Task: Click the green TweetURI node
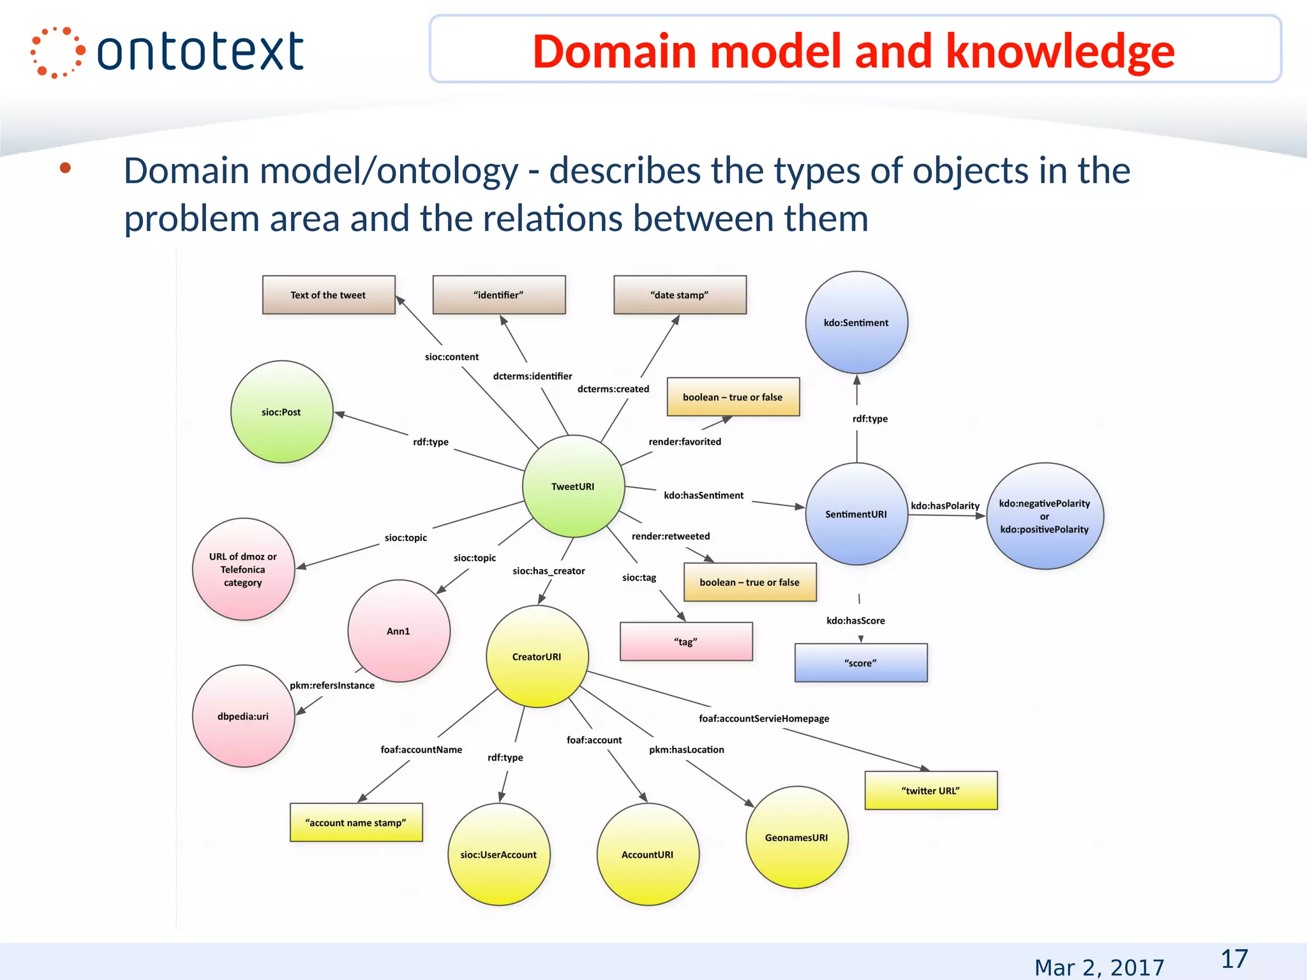pos(573,486)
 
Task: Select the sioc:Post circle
pos(281,412)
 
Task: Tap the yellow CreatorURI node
pos(537,657)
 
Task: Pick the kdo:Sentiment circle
pos(856,323)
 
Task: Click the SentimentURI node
pos(856,514)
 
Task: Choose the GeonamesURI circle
pos(796,837)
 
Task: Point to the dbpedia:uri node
pos(243,716)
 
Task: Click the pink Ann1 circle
pos(398,631)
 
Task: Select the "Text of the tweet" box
pos(328,295)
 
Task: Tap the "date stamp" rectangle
pos(680,295)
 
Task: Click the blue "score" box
pos(860,663)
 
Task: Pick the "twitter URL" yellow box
pos(930,791)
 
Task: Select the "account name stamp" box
pos(355,822)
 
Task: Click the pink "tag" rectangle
pos(686,642)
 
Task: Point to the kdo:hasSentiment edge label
pos(703,495)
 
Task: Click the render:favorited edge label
pos(685,442)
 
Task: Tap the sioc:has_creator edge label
pos(548,571)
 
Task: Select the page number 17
pos(1234,959)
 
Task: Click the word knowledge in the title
pos(1059,51)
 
